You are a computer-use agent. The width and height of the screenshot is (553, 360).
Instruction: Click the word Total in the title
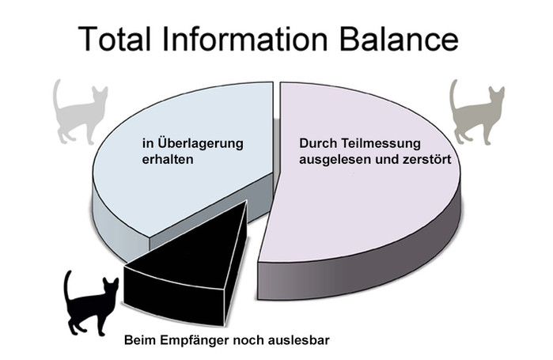[x=115, y=38]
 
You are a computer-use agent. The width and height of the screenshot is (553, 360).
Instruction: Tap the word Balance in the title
[x=399, y=38]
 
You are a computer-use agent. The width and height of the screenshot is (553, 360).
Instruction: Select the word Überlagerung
[x=200, y=144]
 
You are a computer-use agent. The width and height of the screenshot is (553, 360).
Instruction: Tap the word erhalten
[x=168, y=159]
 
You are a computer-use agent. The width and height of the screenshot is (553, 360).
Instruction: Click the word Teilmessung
[x=381, y=143]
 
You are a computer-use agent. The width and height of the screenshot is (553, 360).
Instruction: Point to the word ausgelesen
[x=335, y=159]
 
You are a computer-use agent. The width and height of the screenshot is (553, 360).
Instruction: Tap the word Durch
[x=318, y=143]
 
